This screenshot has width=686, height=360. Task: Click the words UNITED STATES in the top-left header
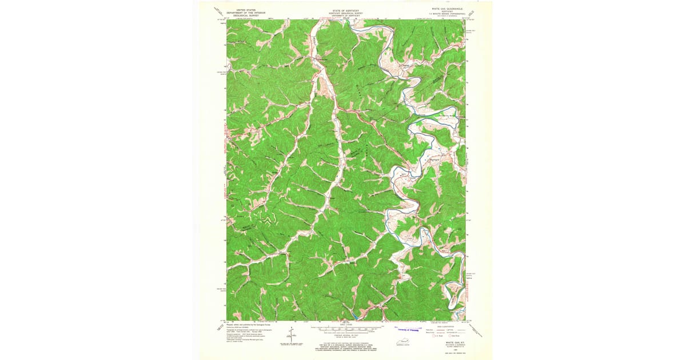coord(242,10)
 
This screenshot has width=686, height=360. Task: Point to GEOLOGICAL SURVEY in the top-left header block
coord(242,15)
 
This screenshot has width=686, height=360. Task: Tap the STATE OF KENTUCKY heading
coord(345,10)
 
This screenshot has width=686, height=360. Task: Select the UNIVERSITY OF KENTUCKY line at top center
coord(345,15)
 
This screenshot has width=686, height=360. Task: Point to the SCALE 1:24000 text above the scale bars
coord(345,324)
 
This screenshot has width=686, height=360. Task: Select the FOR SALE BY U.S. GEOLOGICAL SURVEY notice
coord(345,345)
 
